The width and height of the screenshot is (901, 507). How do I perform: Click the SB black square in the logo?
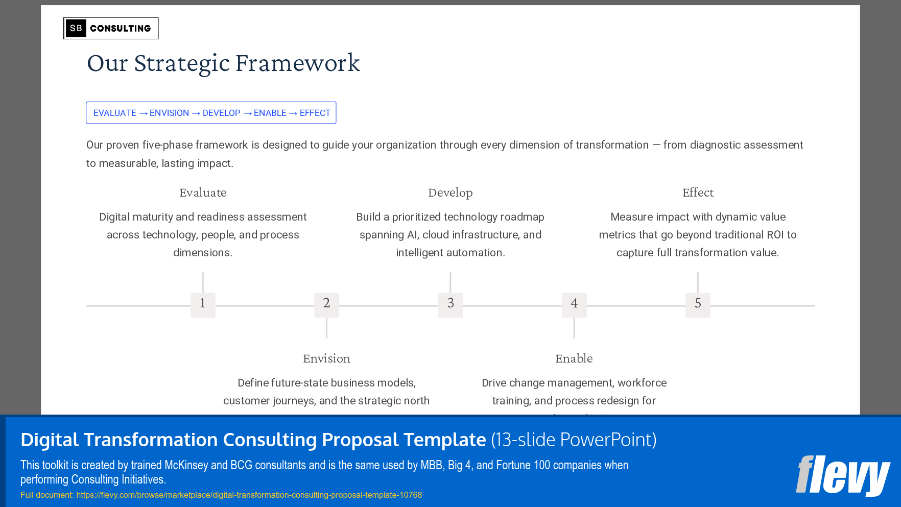click(76, 28)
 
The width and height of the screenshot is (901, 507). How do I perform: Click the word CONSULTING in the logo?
click(121, 29)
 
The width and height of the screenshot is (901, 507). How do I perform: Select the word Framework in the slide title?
click(297, 63)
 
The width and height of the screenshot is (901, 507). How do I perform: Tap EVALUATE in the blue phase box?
click(114, 113)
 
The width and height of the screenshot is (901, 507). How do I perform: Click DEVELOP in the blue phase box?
click(221, 113)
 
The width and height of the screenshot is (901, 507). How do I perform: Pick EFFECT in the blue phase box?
click(315, 113)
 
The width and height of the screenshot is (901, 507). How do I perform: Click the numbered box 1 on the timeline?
click(203, 305)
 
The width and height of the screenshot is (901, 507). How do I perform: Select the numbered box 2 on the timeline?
click(326, 305)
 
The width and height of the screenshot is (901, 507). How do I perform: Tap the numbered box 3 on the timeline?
click(450, 305)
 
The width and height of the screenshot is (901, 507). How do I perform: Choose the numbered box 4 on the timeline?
click(574, 305)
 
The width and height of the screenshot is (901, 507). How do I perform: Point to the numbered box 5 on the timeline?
click(698, 305)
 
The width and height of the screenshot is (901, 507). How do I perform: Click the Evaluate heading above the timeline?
click(203, 193)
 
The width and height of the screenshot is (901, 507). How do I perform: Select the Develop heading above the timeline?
click(450, 193)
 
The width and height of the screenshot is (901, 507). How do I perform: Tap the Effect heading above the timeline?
click(698, 193)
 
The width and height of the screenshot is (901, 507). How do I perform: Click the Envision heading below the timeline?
click(326, 359)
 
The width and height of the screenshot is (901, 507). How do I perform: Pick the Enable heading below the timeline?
click(574, 359)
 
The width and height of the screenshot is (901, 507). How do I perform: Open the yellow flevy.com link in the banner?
click(249, 495)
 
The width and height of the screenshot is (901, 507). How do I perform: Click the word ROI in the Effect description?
click(775, 235)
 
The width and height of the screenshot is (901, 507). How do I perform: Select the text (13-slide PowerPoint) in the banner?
click(574, 440)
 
